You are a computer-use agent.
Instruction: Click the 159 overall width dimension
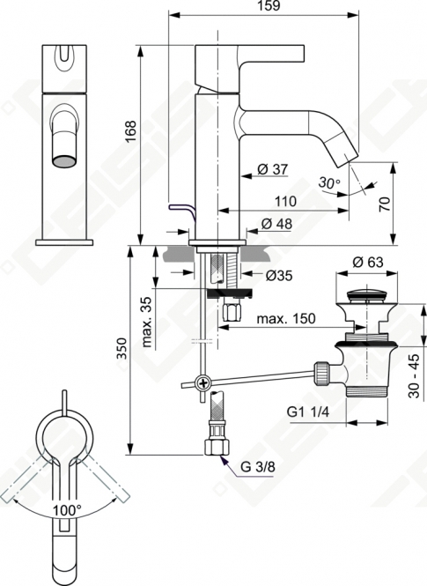point(270,6)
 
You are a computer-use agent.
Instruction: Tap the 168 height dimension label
point(130,131)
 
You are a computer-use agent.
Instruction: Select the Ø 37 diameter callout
point(273,169)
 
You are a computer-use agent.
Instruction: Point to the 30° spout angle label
point(329,183)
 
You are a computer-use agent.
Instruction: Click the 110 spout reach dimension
point(286,202)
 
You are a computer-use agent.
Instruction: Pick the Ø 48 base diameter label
point(276,224)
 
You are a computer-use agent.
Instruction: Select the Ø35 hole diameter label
point(279,276)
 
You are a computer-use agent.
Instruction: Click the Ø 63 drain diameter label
point(368,262)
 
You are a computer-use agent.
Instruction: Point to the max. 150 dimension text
point(286,318)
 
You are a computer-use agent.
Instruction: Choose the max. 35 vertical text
point(147,322)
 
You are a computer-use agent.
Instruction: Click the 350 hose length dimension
point(121,348)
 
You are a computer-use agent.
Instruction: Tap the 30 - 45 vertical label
point(414,376)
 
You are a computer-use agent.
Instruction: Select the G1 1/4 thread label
point(308,412)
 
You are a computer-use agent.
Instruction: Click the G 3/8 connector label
point(258,467)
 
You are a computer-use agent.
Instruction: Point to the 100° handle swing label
point(67,509)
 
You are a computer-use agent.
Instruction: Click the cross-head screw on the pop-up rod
point(203,383)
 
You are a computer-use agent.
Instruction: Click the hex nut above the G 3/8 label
point(217,447)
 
